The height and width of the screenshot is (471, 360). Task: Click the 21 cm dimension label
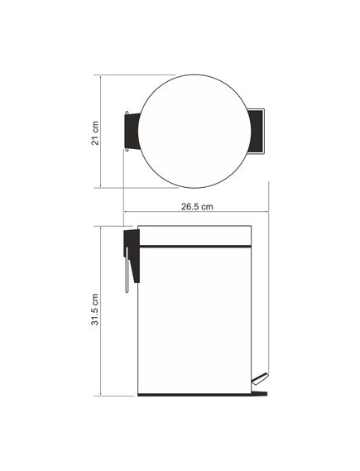pos(95,133)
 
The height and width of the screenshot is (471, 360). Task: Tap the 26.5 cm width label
pos(197,207)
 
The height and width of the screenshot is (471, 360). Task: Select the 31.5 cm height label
pos(95,310)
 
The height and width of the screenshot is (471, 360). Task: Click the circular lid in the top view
pos(194,132)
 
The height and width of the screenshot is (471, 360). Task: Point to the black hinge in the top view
pos(132,132)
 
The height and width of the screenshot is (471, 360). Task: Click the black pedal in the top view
pos(257,132)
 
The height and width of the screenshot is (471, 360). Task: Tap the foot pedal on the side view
pos(260,378)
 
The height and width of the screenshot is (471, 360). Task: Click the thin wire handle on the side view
pos(127,270)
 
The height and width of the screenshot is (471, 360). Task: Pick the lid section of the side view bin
pos(194,235)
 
